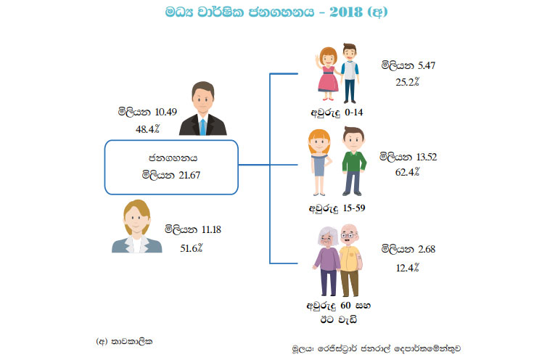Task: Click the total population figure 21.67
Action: (x=187, y=174)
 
